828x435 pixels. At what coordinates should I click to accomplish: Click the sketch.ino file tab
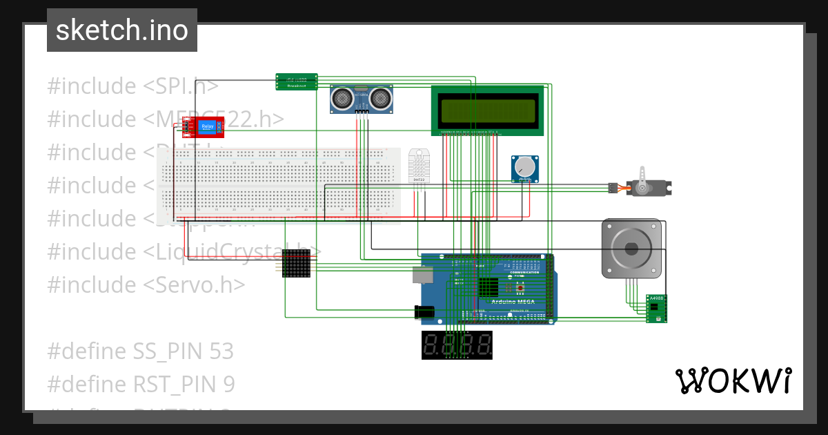[122, 30]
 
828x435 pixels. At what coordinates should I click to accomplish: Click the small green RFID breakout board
[297, 81]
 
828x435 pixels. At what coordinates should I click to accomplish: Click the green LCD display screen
[488, 109]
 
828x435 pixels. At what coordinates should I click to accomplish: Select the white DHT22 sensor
[418, 166]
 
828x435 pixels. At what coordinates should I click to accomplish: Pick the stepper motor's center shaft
[630, 249]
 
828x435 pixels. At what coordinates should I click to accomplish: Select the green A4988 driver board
[656, 309]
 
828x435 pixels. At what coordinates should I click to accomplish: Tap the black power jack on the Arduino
[424, 312]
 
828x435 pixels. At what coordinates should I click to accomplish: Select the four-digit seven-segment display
[457, 345]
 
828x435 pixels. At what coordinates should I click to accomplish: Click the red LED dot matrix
[297, 263]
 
